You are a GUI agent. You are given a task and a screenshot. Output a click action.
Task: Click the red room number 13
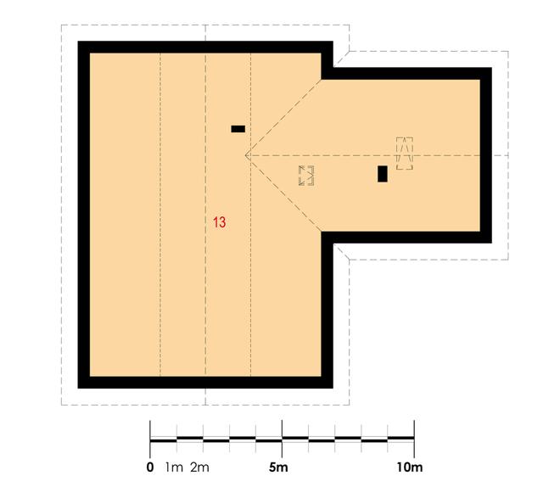(x=220, y=223)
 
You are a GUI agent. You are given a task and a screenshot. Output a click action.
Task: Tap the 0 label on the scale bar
(x=150, y=467)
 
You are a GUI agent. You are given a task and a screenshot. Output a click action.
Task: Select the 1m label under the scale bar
(x=174, y=467)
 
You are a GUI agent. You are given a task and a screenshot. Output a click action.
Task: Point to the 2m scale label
(x=199, y=467)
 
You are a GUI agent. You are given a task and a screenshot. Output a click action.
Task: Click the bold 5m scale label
(x=279, y=467)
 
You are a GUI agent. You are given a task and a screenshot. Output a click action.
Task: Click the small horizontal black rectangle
(x=238, y=129)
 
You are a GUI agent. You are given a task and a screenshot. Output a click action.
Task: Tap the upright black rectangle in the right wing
(x=383, y=174)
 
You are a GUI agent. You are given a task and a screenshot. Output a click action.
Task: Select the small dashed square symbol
(x=306, y=176)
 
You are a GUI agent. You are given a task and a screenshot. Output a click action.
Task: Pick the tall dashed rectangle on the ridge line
(x=405, y=154)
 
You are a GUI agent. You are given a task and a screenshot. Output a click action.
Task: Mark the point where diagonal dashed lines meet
(x=246, y=155)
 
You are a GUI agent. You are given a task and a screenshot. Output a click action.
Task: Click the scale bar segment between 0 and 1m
(x=163, y=439)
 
